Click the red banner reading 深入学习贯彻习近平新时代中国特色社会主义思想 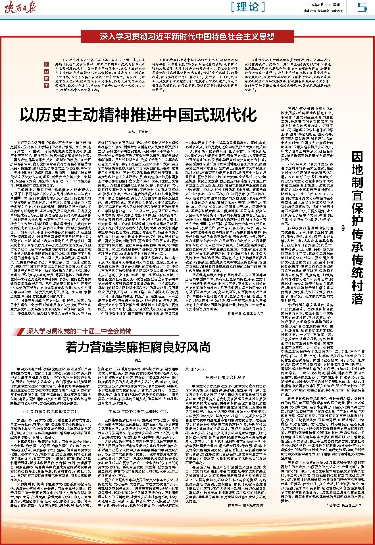[187, 36]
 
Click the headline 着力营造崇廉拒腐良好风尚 [138, 347]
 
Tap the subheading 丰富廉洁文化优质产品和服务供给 [138, 411]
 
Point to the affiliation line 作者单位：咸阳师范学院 [245, 505]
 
